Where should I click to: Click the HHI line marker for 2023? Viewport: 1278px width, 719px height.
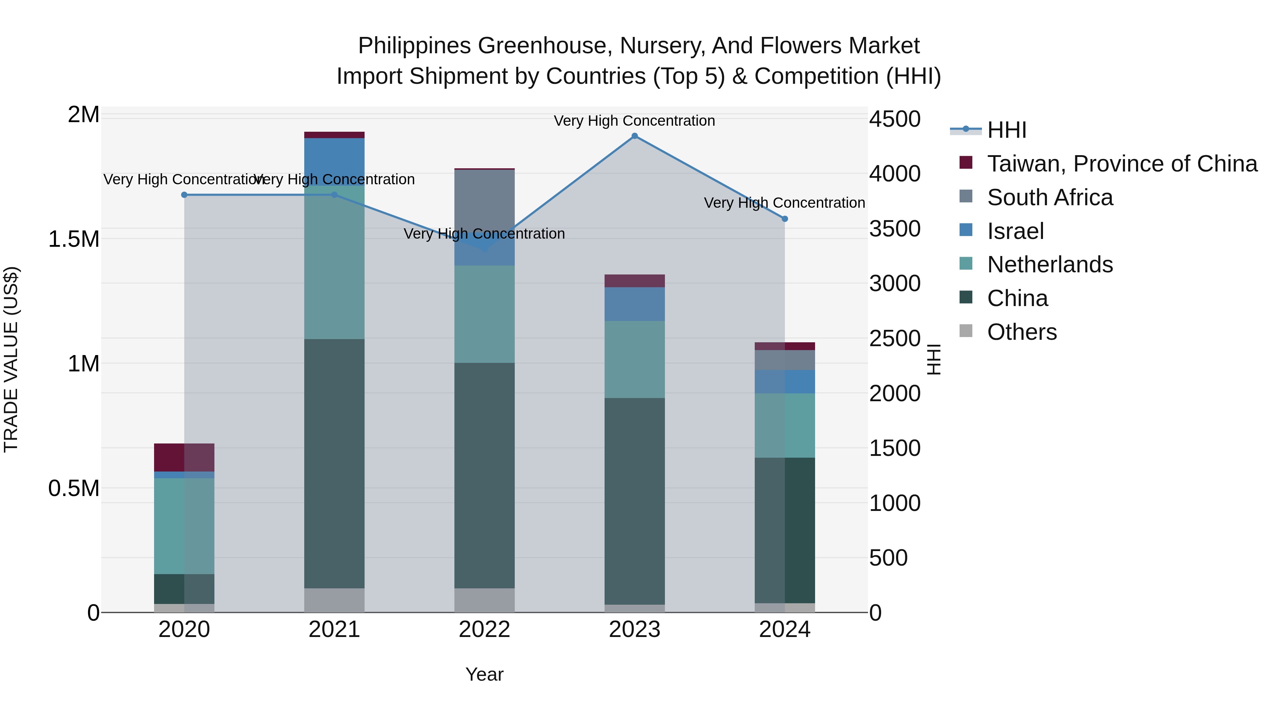pyautogui.click(x=634, y=136)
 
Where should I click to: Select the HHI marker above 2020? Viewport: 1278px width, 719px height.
pyautogui.click(x=184, y=195)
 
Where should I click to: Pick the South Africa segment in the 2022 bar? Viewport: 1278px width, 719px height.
pyautogui.click(x=485, y=198)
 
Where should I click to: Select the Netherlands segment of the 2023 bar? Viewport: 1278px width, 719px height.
pyautogui.click(x=634, y=359)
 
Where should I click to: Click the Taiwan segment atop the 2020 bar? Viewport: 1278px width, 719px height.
pyautogui.click(x=184, y=457)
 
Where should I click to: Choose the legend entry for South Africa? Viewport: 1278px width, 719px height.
pyautogui.click(x=1050, y=197)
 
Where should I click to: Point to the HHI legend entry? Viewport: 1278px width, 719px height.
pyautogui.click(x=1007, y=130)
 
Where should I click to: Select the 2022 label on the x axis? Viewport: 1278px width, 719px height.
pyautogui.click(x=485, y=630)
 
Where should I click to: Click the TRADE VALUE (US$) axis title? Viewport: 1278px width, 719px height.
pyautogui.click(x=11, y=359)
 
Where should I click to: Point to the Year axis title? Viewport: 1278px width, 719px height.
pyautogui.click(x=485, y=674)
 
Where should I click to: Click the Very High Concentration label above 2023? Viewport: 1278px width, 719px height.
pyautogui.click(x=634, y=121)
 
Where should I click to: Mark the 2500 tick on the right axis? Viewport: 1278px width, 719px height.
pyautogui.click(x=895, y=339)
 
